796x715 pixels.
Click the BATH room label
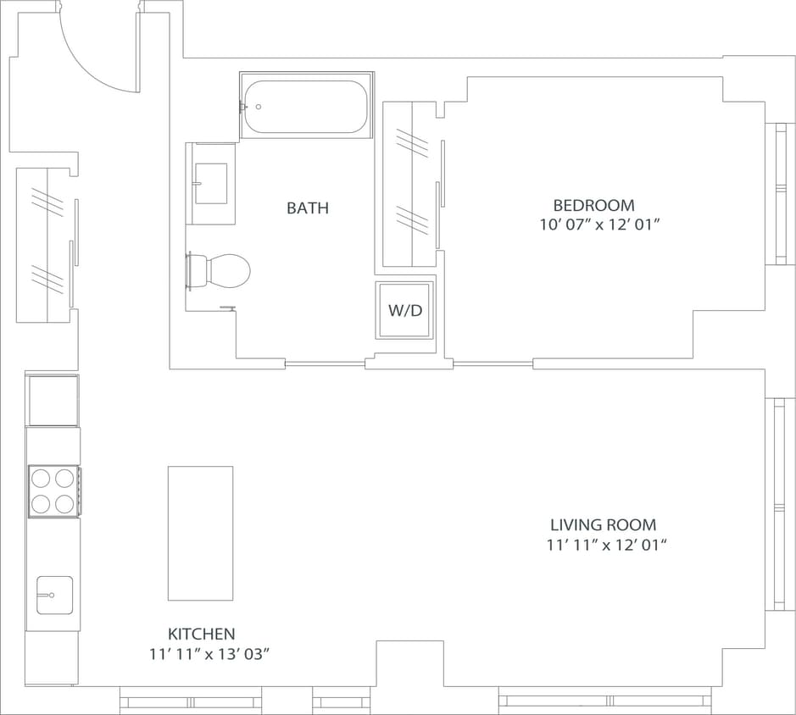pos(307,208)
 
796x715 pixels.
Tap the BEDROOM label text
pos(593,205)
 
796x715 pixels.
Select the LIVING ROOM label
pos(603,525)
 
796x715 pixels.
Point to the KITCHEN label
pos(201,634)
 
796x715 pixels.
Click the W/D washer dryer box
pos(405,310)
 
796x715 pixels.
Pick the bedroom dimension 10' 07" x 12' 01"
pos(599,225)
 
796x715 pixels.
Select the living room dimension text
pos(607,546)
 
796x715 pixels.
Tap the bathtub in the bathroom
pos(305,107)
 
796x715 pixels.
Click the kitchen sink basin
pos(54,595)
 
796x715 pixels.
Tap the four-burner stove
pos(53,491)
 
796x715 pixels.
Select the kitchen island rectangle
pos(200,533)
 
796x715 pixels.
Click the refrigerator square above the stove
pos(53,401)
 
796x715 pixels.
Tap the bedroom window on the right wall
pos(779,194)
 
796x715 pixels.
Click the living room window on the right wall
pos(777,504)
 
